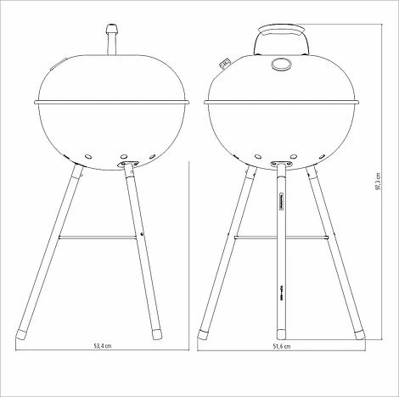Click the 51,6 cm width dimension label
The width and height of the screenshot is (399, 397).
(281, 347)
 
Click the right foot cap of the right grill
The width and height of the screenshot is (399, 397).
(357, 327)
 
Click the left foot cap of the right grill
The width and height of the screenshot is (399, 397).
(205, 327)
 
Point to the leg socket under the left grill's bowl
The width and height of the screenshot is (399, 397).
(126, 165)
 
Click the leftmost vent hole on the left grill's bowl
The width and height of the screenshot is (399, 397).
(89, 157)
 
